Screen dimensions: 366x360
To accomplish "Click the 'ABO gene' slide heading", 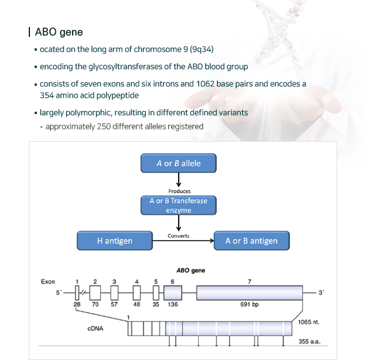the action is click(x=59, y=32).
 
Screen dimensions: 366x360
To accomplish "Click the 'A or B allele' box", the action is click(x=179, y=163).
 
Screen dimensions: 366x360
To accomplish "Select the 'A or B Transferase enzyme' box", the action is click(x=179, y=205).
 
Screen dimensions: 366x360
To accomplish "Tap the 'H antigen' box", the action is click(x=115, y=241).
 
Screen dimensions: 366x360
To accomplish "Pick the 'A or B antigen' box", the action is click(x=252, y=241).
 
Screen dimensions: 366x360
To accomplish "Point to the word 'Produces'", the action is click(x=179, y=191).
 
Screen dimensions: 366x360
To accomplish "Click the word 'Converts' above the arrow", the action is click(x=178, y=236).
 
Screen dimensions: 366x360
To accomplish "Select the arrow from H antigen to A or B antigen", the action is click(x=183, y=241).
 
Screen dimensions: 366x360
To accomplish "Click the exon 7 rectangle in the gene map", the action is click(x=250, y=293).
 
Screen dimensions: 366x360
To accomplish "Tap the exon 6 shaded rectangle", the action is click(x=173, y=293).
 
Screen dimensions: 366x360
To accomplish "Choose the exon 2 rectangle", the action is click(x=95, y=293).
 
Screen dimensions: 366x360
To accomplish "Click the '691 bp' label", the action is click(x=250, y=305).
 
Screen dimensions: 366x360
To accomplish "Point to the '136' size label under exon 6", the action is click(x=173, y=304).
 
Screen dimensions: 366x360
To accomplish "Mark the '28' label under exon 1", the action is click(x=77, y=304).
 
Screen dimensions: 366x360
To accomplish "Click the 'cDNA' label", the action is click(x=95, y=328).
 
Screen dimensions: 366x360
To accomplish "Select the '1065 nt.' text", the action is click(x=308, y=322).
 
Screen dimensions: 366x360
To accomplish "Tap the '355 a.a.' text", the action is click(x=310, y=342).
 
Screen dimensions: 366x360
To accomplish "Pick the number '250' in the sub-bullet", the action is click(x=104, y=127).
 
